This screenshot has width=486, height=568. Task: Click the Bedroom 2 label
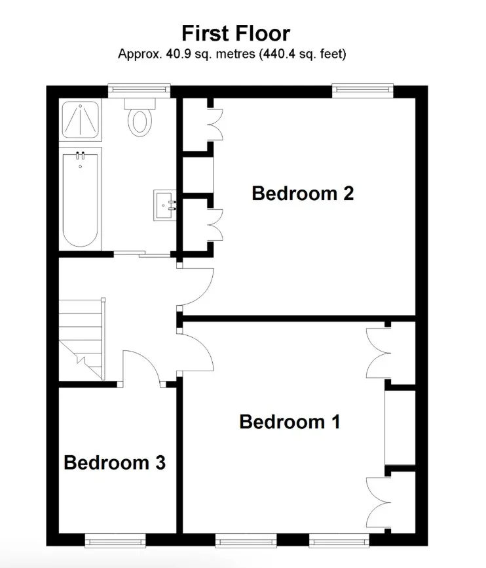[x=303, y=193]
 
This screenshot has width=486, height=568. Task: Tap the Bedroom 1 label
[x=290, y=422]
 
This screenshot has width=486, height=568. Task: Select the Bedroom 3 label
[x=115, y=462]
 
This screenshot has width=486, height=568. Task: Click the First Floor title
[x=236, y=33]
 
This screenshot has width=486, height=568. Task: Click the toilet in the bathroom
[x=140, y=117]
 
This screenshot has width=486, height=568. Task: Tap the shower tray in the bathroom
[x=81, y=120]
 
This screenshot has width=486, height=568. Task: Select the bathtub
[x=81, y=199]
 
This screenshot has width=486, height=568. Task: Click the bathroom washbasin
[x=165, y=205]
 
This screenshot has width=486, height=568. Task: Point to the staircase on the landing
[x=82, y=339]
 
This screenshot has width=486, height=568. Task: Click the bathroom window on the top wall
[x=139, y=91]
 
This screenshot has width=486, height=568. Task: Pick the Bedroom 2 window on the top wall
[x=363, y=91]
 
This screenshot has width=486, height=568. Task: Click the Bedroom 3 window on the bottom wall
[x=115, y=540]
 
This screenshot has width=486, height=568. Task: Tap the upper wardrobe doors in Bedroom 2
[x=215, y=124]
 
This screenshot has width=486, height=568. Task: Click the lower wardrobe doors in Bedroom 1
[x=379, y=503]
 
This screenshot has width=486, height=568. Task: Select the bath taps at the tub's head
[x=81, y=155]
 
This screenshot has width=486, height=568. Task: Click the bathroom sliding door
[x=142, y=254]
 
